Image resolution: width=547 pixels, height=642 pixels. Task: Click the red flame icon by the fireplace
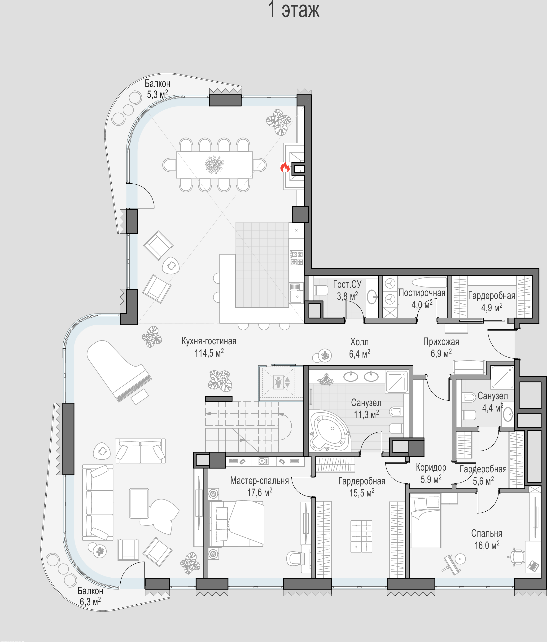pyautogui.click(x=285, y=167)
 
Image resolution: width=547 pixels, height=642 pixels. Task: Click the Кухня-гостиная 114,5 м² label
pyautogui.click(x=209, y=347)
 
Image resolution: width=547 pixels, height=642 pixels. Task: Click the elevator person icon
pyautogui.click(x=278, y=382)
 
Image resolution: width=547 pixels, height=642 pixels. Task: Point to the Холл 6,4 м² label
pyautogui.click(x=359, y=348)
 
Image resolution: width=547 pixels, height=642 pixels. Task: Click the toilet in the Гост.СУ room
pyautogui.click(x=321, y=290)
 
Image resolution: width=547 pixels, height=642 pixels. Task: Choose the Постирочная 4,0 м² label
pyautogui.click(x=422, y=299)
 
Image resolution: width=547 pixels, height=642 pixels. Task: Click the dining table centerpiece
pyautogui.click(x=214, y=164)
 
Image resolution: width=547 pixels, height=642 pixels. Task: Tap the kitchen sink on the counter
pyautogui.click(x=297, y=297)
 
